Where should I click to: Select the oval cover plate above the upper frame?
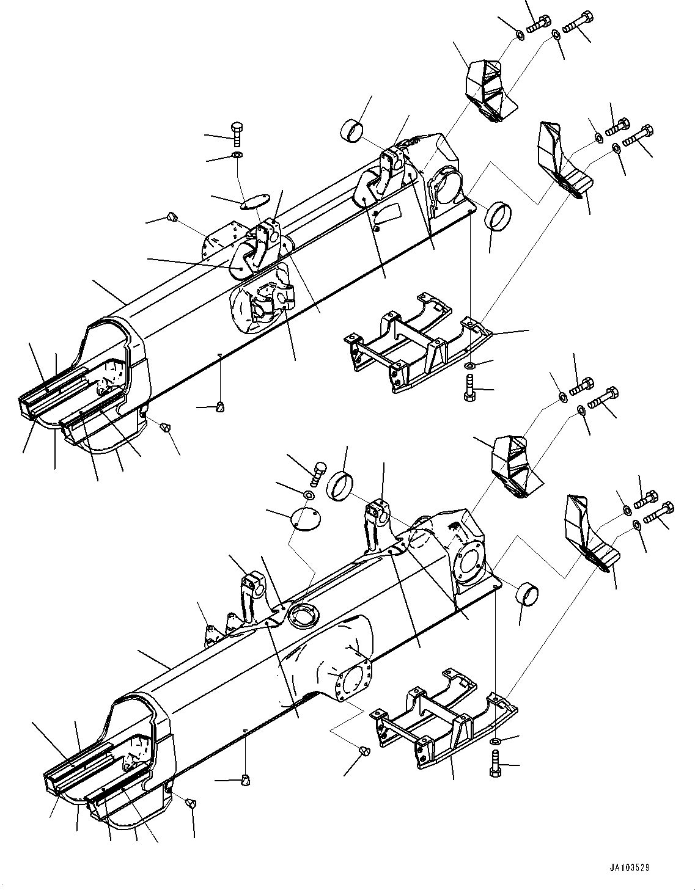[x=255, y=202]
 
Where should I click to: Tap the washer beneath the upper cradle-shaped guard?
[x=468, y=365]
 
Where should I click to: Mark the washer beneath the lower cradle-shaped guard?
[x=494, y=741]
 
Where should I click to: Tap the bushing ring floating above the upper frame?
[x=351, y=129]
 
